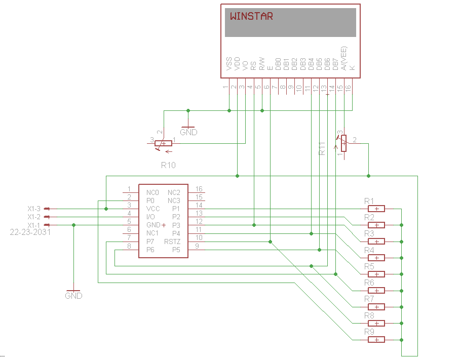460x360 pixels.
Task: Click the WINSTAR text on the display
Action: tap(251, 16)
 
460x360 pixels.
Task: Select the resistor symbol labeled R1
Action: tap(376, 209)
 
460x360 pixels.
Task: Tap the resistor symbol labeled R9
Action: tap(376, 339)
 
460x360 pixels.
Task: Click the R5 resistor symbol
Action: tap(376, 274)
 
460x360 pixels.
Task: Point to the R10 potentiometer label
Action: tap(168, 165)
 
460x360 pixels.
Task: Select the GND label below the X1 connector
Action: tap(73, 296)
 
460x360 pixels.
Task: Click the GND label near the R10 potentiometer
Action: tap(188, 132)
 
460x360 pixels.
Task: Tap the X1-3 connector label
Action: tap(34, 209)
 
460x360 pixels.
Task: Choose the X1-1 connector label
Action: tap(34, 225)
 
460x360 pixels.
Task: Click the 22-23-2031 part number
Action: tap(30, 232)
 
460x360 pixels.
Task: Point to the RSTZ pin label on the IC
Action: tap(172, 242)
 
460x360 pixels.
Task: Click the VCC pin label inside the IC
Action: tap(153, 209)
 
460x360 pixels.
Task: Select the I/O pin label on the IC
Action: tap(151, 217)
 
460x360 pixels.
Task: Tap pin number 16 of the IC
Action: tap(199, 189)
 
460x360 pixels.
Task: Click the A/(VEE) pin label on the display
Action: tap(344, 58)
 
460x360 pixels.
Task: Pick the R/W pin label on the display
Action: tap(262, 63)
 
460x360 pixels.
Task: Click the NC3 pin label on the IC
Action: tap(174, 201)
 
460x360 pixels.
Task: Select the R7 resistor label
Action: tap(369, 299)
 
